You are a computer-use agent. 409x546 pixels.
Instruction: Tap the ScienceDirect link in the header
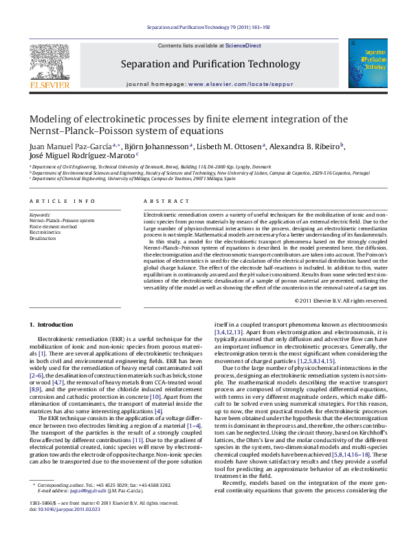243,45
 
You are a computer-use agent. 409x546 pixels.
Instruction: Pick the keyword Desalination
43,238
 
